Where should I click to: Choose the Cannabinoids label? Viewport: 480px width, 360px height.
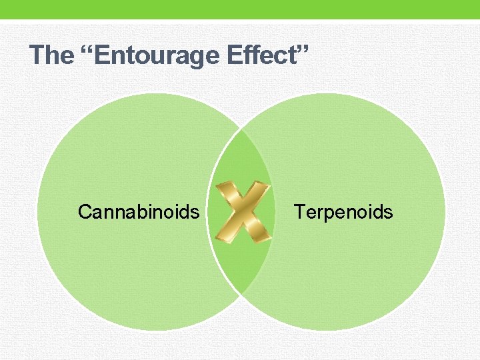(138, 212)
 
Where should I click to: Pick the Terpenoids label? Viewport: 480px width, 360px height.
(343, 212)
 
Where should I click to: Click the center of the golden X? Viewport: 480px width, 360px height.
(244, 212)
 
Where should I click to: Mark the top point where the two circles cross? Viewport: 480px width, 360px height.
(241, 129)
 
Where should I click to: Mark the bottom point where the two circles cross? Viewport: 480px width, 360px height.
(241, 295)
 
